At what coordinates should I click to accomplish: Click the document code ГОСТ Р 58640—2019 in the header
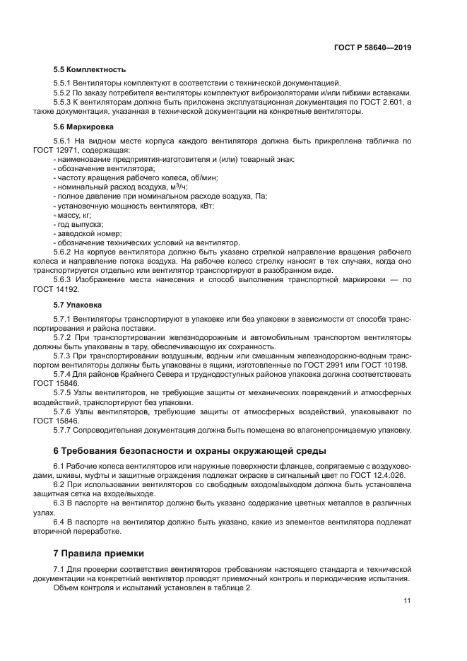[x=372, y=48]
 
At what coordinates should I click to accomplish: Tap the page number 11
[x=407, y=601]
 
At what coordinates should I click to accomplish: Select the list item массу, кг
[x=75, y=215]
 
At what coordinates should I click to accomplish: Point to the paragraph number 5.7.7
[x=65, y=429]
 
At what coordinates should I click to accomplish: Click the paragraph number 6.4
[x=60, y=522]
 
